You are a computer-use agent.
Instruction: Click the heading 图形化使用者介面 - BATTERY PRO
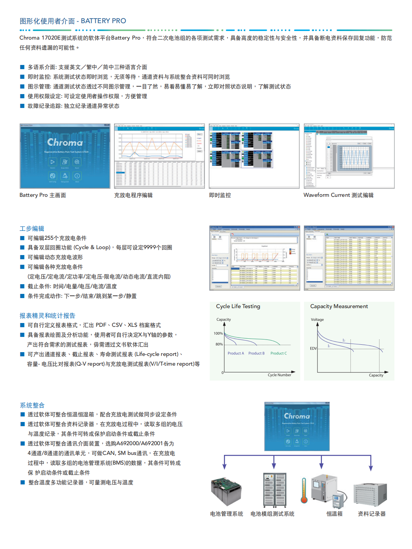tap(73, 21)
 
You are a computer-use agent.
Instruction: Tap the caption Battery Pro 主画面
tap(43, 195)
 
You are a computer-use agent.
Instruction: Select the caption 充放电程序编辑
tap(133, 195)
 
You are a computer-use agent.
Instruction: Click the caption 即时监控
tap(220, 195)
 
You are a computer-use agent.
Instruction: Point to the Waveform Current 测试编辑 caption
tap(338, 195)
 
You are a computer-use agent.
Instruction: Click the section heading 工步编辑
tap(32, 228)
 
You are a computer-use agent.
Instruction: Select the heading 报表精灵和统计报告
tap(47, 316)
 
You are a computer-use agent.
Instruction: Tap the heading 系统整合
tap(32, 405)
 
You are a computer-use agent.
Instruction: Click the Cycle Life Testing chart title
tap(238, 306)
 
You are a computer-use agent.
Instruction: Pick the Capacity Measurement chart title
tap(339, 306)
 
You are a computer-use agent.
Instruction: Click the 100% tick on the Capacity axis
tap(218, 334)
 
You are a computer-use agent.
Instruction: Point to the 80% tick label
tap(219, 344)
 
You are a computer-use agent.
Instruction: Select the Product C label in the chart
tap(279, 353)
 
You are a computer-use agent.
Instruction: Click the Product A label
tap(236, 353)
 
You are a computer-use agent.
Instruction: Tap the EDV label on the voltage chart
tap(313, 348)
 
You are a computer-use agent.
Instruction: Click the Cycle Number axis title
tap(279, 375)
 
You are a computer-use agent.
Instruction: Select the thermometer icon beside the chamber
tap(304, 491)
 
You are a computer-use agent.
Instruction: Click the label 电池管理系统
tap(227, 514)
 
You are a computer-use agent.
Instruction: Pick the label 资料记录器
tap(372, 514)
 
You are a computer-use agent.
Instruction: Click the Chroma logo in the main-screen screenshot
tap(65, 142)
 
